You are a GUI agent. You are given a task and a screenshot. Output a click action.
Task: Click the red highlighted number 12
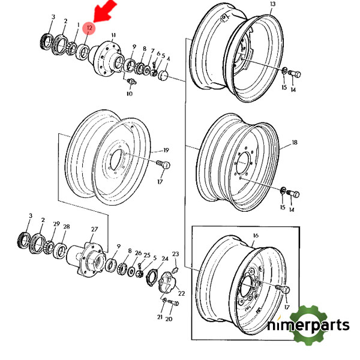[x=89, y=28]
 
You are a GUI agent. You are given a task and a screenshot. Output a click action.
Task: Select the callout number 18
[x=295, y=143]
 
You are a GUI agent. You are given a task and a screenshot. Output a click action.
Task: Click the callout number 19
[x=166, y=151]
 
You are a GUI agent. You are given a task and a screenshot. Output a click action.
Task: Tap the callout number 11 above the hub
[x=113, y=35]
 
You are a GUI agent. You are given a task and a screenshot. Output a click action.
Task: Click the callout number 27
[x=94, y=229]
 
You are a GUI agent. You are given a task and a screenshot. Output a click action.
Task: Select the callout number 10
[x=130, y=94]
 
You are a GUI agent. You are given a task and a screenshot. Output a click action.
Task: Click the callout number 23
[x=176, y=254]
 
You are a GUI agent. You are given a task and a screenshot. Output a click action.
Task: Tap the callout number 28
[x=67, y=227]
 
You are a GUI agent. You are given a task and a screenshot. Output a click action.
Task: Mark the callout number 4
[x=169, y=59]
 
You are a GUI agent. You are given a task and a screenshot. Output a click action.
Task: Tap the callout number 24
[x=164, y=259]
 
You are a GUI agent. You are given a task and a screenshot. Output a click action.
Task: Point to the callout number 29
[x=56, y=224]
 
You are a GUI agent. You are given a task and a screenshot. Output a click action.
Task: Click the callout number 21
[x=160, y=316]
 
